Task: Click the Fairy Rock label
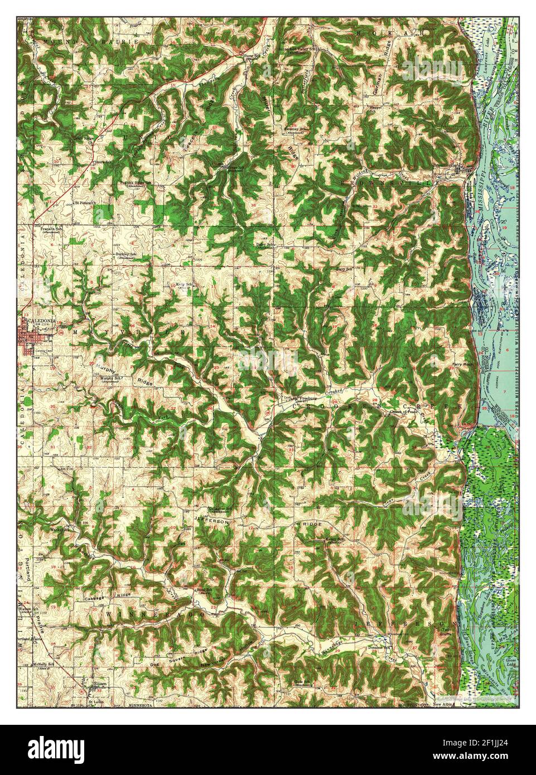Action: click(x=461, y=366)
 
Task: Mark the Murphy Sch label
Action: click(x=110, y=377)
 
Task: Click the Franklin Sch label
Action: click(x=51, y=229)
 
